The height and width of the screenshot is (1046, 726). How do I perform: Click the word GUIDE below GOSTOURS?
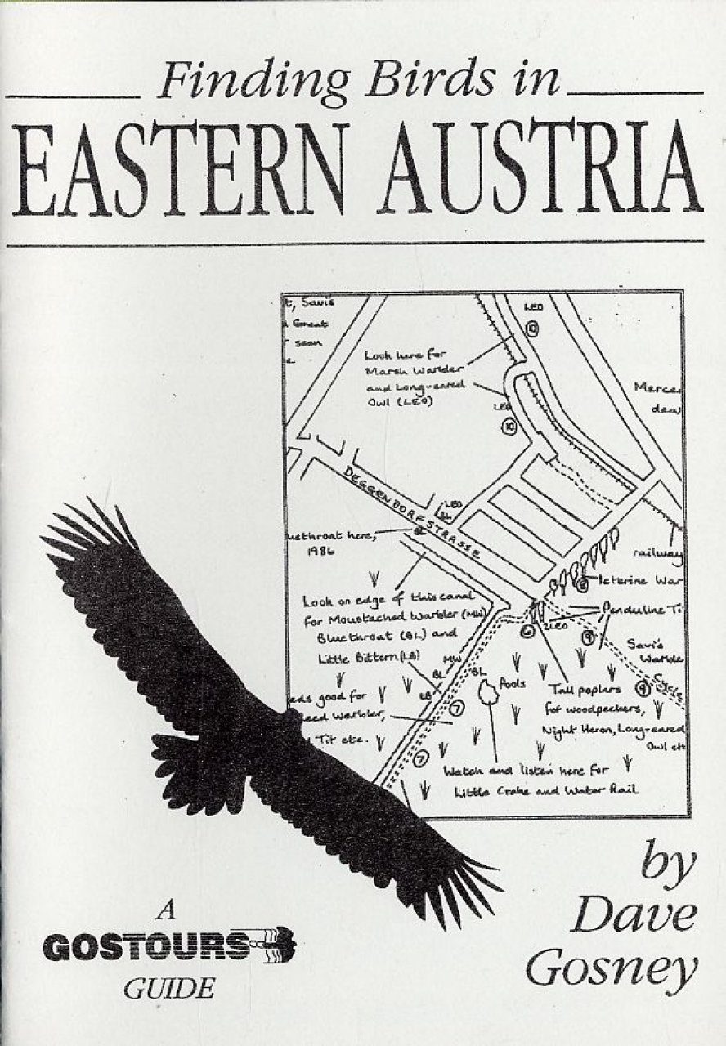click(168, 989)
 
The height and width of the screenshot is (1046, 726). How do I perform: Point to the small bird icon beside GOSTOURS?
click(276, 946)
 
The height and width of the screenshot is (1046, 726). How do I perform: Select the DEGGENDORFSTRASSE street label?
click(413, 515)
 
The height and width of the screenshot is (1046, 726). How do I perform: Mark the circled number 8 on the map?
click(582, 584)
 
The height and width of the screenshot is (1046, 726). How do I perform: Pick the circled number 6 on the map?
click(528, 629)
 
